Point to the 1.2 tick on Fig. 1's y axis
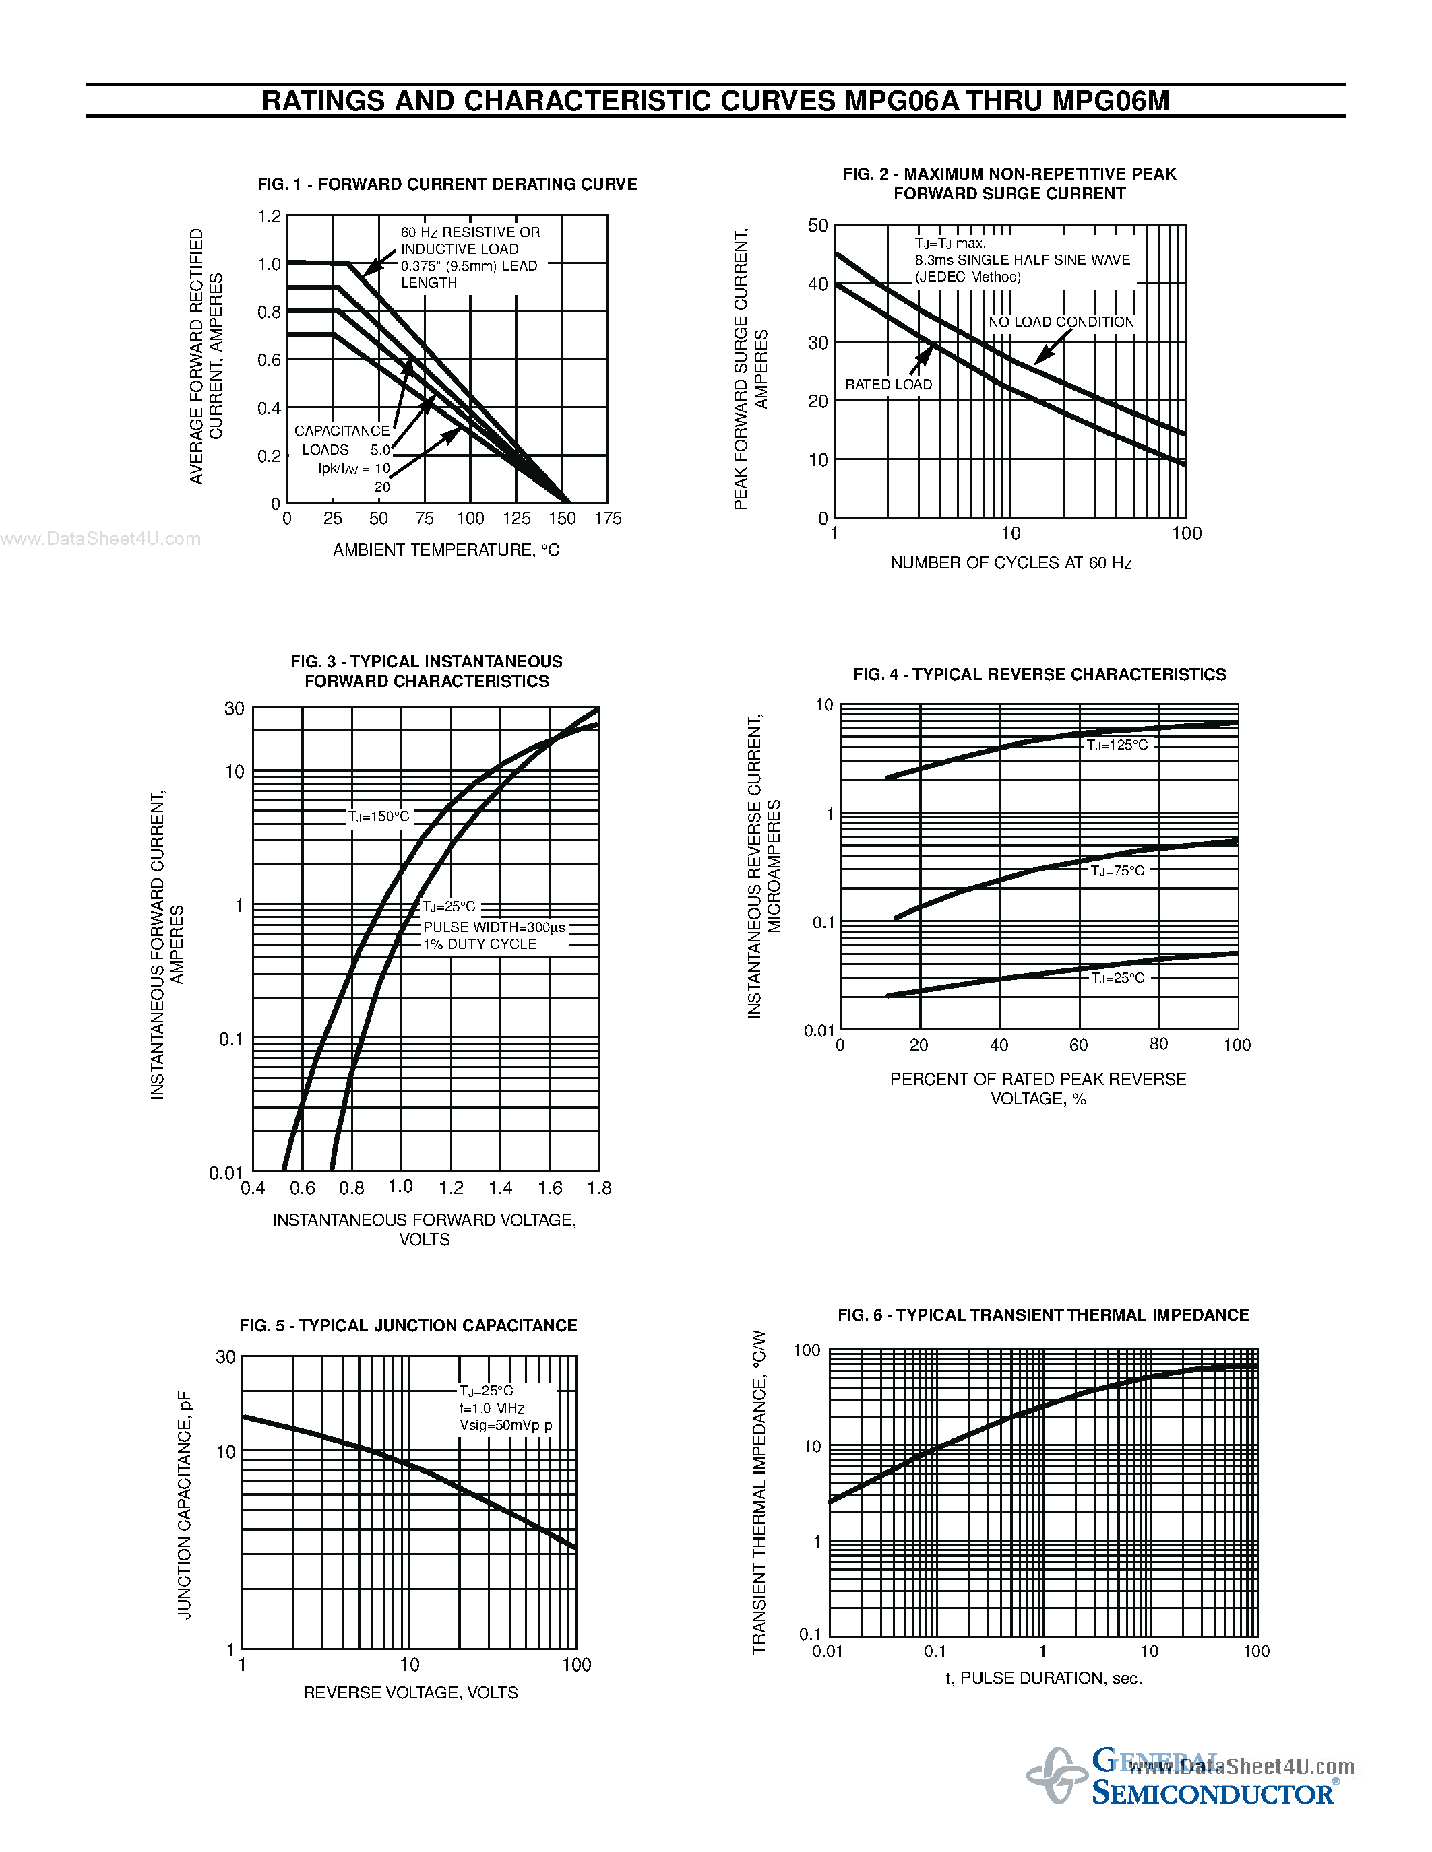click(269, 216)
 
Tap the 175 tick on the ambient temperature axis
click(607, 518)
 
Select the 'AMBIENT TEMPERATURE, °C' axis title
click(446, 550)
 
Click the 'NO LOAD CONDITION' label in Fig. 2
click(1061, 321)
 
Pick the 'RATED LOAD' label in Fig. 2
click(888, 384)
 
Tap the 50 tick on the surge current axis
click(817, 226)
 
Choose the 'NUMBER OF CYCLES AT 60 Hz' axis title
click(1010, 563)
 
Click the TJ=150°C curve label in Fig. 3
click(378, 816)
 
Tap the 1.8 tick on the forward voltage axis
click(599, 1188)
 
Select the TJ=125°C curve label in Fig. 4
click(1117, 745)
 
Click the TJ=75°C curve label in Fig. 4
click(1117, 870)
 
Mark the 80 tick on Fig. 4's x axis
click(1158, 1044)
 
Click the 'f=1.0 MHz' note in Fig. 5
click(492, 1408)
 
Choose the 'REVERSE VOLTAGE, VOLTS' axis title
click(410, 1692)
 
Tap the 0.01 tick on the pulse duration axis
click(827, 1651)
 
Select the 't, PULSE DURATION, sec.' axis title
click(1043, 1678)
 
